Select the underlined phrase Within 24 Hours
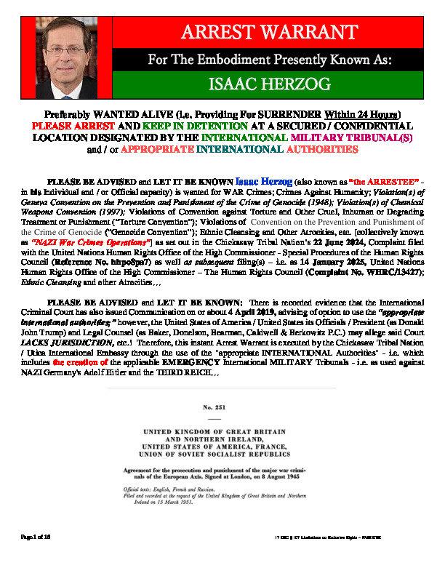coord(361,115)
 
